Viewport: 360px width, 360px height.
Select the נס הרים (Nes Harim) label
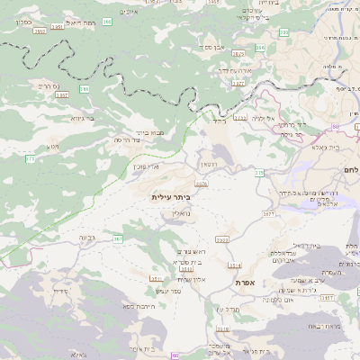click(49, 85)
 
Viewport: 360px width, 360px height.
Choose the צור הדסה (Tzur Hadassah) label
click(129, 140)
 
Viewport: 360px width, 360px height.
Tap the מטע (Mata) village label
click(53, 146)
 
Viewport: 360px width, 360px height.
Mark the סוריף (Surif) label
click(60, 291)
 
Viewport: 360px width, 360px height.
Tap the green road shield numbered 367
click(118, 238)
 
